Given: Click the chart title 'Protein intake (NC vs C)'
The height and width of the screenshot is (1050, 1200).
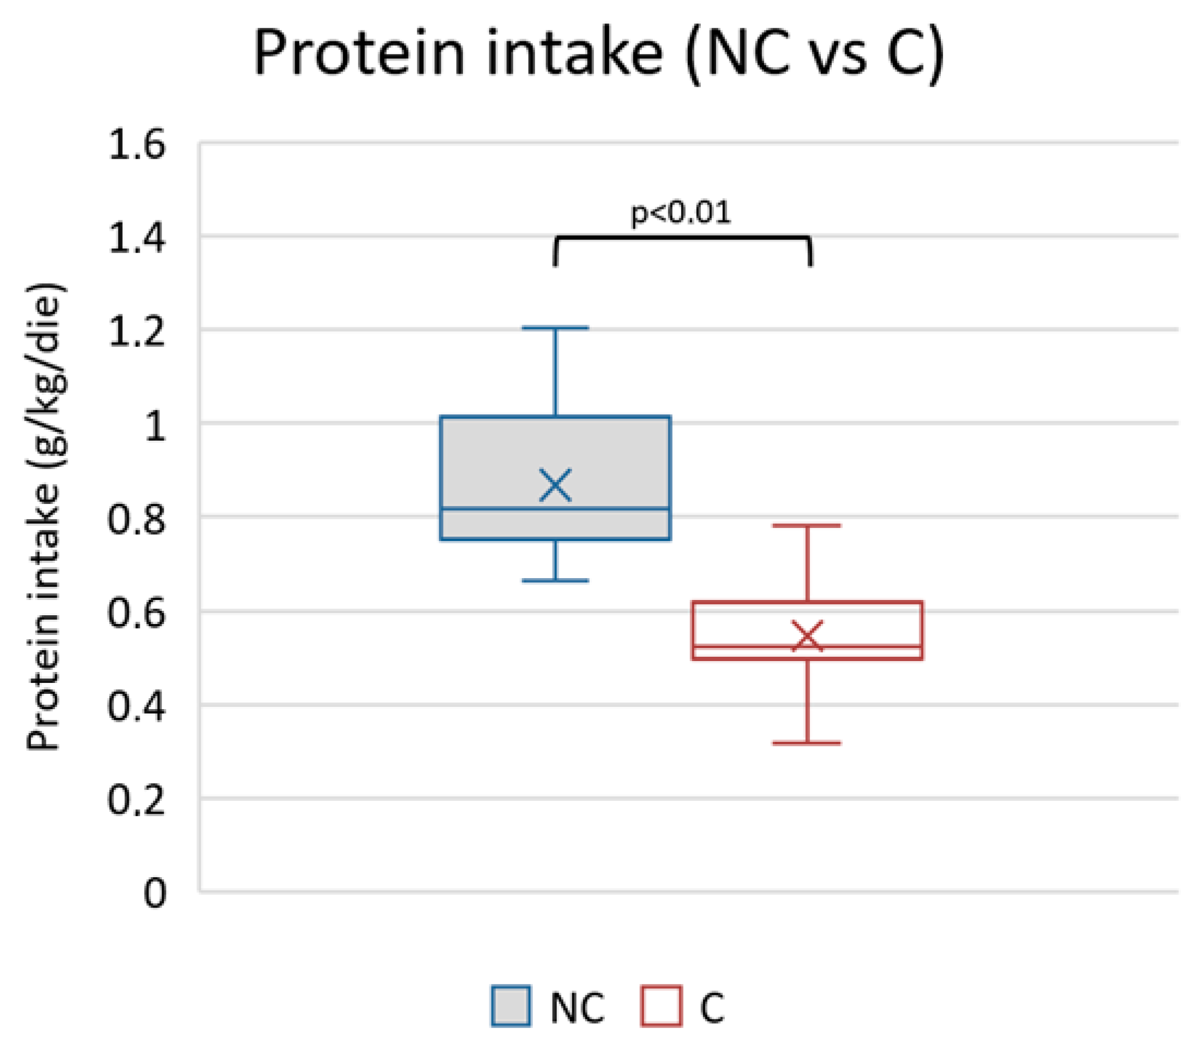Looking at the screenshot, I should pyautogui.click(x=599, y=54).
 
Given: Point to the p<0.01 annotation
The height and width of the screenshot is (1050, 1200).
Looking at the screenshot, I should pyautogui.click(x=681, y=212).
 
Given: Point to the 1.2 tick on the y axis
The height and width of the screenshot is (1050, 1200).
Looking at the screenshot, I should pyautogui.click(x=136, y=332).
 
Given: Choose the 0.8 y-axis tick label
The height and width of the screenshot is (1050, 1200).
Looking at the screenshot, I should pyautogui.click(x=136, y=519).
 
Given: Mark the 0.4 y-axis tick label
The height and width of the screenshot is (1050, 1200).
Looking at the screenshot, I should pyautogui.click(x=136, y=707).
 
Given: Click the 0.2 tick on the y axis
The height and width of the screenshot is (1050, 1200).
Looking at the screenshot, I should pyautogui.click(x=136, y=800).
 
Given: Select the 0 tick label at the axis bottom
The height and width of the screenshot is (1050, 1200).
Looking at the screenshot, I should pyautogui.click(x=155, y=894).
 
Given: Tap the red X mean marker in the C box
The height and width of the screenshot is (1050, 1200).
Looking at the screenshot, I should pyautogui.click(x=807, y=637).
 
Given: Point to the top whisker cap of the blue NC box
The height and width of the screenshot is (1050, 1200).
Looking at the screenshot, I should pyautogui.click(x=555, y=328).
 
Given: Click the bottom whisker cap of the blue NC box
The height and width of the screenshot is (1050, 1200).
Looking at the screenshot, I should pyautogui.click(x=555, y=581).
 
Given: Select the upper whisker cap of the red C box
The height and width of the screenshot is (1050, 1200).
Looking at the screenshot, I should pyautogui.click(x=807, y=526).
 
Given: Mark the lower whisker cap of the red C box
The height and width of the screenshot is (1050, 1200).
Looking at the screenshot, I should pyautogui.click(x=807, y=743).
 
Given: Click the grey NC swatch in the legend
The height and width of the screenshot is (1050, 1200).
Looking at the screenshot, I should pyautogui.click(x=511, y=1006).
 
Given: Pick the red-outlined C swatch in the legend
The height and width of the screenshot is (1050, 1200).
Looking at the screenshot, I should pyautogui.click(x=662, y=1006).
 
